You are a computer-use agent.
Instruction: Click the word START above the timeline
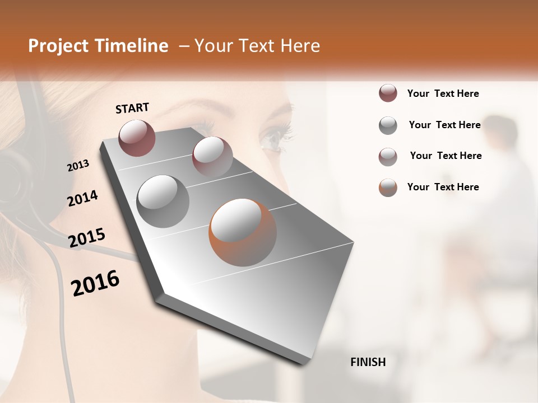[x=132, y=108]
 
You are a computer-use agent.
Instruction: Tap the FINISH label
[x=368, y=362]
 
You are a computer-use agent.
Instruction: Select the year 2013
[x=78, y=166]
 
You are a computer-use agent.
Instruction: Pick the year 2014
[x=83, y=198]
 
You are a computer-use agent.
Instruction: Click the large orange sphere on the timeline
[x=243, y=232]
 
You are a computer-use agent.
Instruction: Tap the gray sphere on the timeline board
[x=163, y=201]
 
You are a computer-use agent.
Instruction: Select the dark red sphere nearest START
[x=137, y=138]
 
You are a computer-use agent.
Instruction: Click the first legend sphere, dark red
[x=388, y=93]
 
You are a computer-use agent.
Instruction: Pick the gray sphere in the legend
[x=388, y=125]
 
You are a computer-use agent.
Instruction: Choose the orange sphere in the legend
[x=388, y=188]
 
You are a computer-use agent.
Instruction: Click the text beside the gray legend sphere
[x=444, y=125]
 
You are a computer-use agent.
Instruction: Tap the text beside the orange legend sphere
[x=443, y=187]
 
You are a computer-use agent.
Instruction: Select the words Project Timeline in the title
[x=98, y=46]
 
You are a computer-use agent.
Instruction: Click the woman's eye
[x=275, y=137]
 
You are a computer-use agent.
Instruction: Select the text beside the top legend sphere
[x=443, y=93]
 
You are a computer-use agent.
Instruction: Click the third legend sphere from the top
[x=388, y=157]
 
